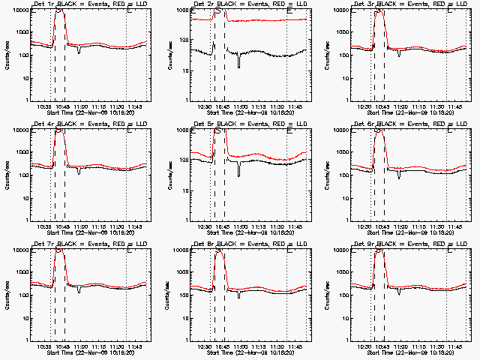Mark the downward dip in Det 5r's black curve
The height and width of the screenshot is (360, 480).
[x=239, y=174]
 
